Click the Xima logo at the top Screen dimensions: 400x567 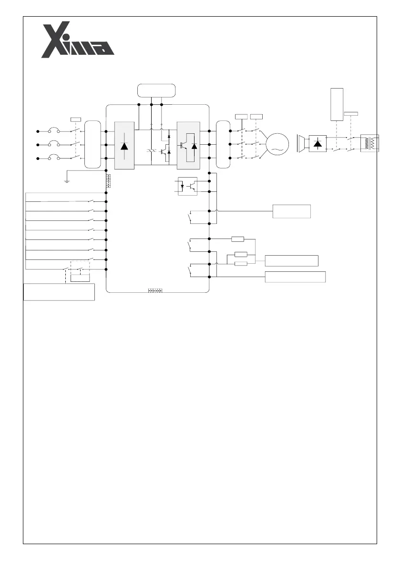77,40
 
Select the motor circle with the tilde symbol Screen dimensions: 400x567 277,144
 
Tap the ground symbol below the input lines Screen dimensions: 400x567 67,180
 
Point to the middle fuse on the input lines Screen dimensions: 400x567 54,144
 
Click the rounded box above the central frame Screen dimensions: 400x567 156,90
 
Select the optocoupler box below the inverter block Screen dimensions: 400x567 187,186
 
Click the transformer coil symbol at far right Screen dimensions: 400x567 370,143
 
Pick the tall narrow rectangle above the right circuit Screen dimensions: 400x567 337,104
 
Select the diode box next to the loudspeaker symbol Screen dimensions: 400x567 318,144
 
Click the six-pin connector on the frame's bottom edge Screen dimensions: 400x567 155,290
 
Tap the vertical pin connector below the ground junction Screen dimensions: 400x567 108,180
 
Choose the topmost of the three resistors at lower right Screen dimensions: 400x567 238,239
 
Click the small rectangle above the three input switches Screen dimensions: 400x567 76,119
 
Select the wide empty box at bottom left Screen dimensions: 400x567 59,292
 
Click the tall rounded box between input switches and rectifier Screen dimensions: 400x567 92,144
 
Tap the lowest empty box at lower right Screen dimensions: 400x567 296,277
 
